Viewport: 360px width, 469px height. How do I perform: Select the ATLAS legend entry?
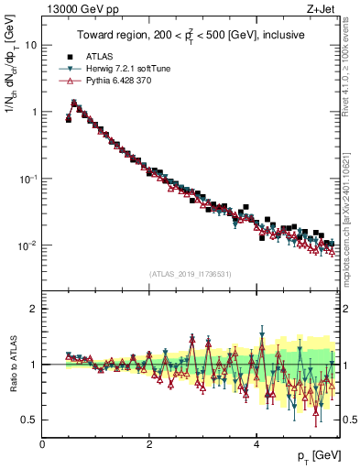(100, 56)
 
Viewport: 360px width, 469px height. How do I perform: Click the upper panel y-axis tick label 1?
(33, 112)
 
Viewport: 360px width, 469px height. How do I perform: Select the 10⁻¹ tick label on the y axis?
(27, 179)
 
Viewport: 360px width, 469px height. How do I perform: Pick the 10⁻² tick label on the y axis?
(27, 245)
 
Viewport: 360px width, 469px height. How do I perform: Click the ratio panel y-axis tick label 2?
(33, 309)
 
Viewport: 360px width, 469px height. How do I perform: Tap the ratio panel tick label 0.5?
(28, 420)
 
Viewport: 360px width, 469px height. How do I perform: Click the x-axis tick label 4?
(256, 444)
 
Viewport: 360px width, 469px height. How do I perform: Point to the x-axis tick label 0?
(42, 444)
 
